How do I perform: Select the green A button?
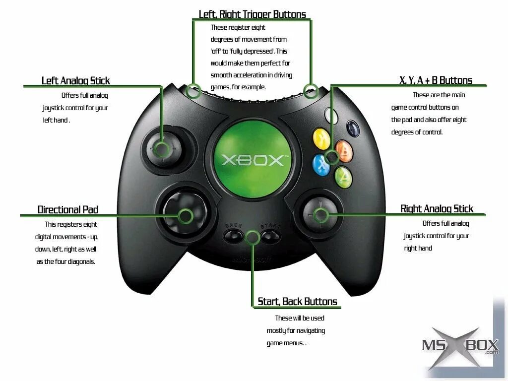[x=343, y=177]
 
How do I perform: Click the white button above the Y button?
[x=331, y=116]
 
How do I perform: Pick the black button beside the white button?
[x=353, y=128]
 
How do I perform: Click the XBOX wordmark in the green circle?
[x=253, y=160]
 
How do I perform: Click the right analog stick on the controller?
[x=320, y=215]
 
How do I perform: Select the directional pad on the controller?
[x=182, y=215]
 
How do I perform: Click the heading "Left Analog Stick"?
[x=75, y=80]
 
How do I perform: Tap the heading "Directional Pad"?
[x=68, y=210]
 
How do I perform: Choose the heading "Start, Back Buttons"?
[x=297, y=302]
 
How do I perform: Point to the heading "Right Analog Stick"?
[x=437, y=209]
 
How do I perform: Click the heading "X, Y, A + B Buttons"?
[x=436, y=80]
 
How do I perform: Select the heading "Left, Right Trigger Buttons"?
[x=252, y=14]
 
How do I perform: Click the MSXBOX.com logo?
[x=459, y=346]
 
